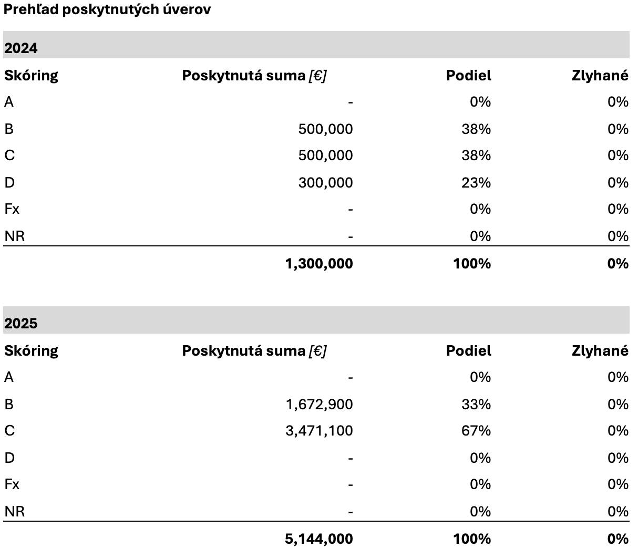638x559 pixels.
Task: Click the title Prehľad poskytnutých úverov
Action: tap(107, 10)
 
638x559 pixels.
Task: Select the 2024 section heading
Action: tap(21, 48)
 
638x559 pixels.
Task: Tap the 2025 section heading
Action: tap(21, 324)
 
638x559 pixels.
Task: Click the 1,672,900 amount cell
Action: tap(319, 405)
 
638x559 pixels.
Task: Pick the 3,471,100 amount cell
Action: tap(319, 431)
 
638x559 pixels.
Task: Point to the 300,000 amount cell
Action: tap(325, 183)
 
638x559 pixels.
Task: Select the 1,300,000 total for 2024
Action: tap(318, 263)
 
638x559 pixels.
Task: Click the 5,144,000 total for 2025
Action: tap(318, 539)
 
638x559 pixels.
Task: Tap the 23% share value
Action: tap(476, 183)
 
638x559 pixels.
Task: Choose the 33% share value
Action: tap(476, 405)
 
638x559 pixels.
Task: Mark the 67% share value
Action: tap(476, 431)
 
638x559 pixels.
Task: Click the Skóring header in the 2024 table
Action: tap(31, 76)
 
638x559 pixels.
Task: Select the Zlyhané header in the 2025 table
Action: tap(600, 351)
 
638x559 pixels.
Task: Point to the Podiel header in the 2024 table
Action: tap(469, 76)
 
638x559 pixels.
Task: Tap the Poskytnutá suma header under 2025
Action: tap(254, 351)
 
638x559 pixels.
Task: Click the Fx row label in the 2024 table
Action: tap(12, 209)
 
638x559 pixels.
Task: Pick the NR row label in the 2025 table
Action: tap(14, 512)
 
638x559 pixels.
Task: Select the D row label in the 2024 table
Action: tap(9, 183)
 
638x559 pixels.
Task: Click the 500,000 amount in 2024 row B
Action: tap(325, 129)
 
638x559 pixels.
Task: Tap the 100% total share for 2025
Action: tap(471, 539)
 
